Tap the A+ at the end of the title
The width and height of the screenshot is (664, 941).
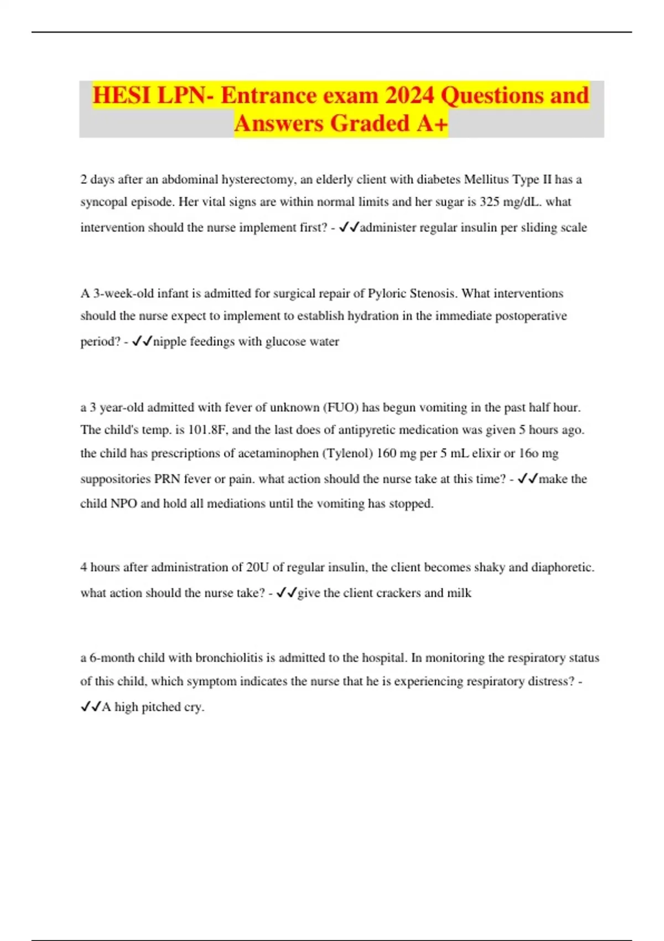click(432, 123)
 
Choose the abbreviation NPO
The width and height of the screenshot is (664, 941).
click(124, 504)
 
